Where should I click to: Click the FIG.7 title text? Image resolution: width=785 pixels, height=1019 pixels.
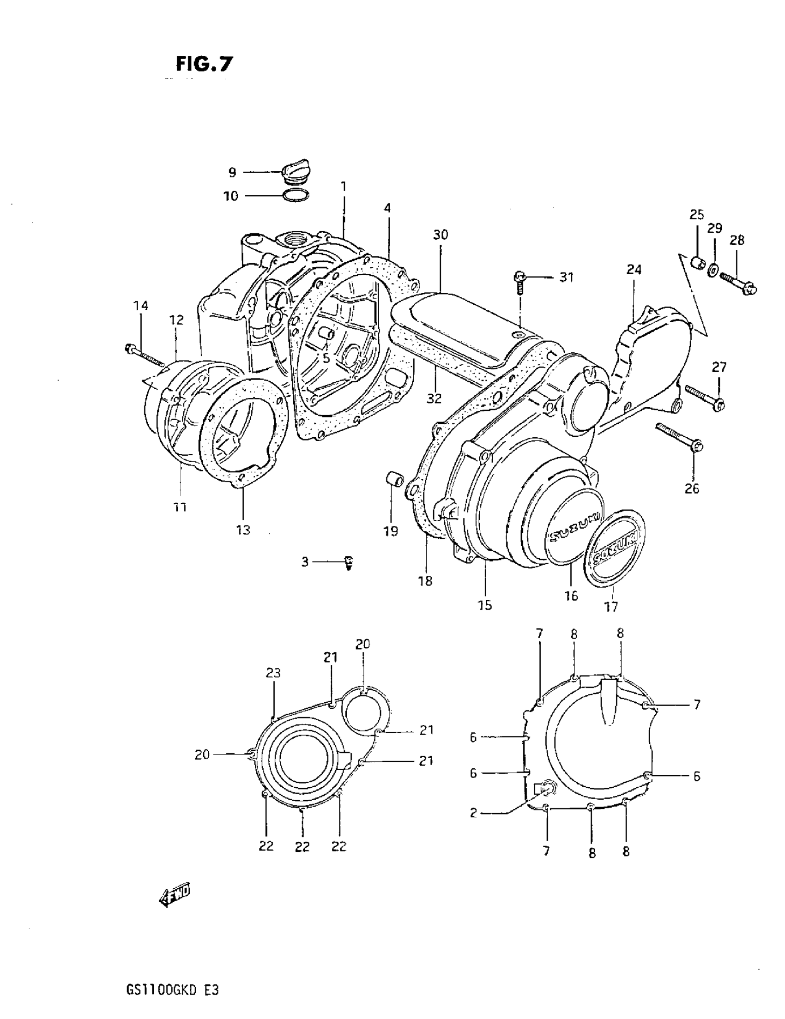(x=204, y=63)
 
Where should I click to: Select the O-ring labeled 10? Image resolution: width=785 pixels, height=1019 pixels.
(x=296, y=195)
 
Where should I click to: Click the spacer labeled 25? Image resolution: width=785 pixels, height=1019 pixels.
(x=697, y=262)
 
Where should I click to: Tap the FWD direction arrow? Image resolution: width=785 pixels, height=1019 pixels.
(x=175, y=894)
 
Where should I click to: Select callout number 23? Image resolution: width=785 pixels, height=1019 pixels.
(x=273, y=673)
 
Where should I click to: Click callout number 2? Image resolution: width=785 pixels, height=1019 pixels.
(x=473, y=813)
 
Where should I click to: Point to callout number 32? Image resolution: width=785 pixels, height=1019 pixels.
(x=434, y=398)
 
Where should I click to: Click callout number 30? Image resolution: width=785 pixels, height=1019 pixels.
(x=440, y=235)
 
